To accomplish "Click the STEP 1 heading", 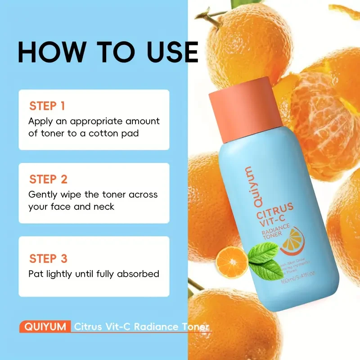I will click(47, 106).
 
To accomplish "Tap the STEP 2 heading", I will click(48, 180).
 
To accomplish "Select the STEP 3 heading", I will click(48, 259).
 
